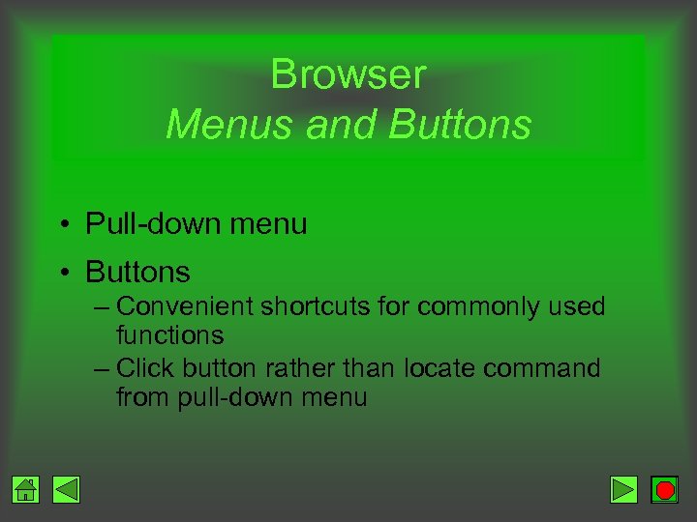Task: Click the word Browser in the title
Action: point(348,74)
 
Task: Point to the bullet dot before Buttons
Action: point(62,274)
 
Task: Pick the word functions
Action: point(169,335)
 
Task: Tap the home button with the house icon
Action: point(26,490)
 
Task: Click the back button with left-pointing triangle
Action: point(66,490)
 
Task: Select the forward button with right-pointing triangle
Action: point(623,490)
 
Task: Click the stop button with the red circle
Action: point(664,490)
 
